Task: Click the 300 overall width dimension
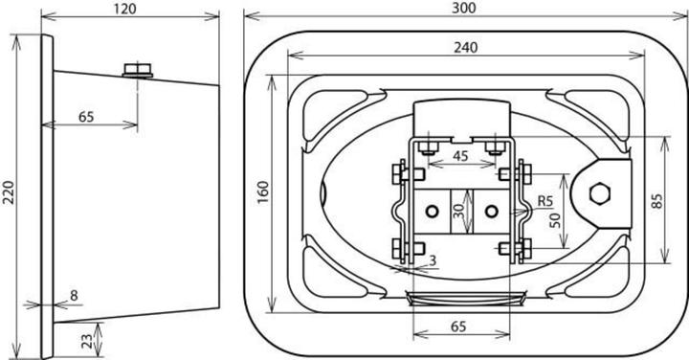(464, 8)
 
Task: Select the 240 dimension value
(465, 47)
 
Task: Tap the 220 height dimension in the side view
(9, 192)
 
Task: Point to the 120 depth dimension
(124, 9)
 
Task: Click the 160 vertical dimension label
(263, 192)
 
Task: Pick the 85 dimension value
(657, 200)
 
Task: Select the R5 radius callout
(545, 201)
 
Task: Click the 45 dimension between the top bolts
(460, 156)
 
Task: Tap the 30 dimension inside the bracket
(458, 212)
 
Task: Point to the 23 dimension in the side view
(87, 340)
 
